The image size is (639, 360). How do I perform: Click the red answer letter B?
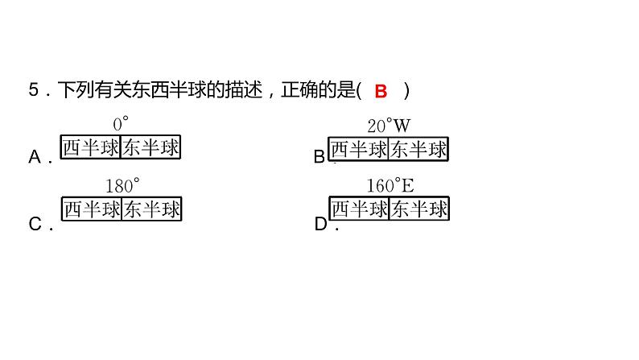pyautogui.click(x=381, y=91)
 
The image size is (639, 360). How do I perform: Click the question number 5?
pyautogui.click(x=33, y=91)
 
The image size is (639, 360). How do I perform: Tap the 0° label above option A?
pyautogui.click(x=122, y=124)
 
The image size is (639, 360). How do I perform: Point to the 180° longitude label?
pyautogui.click(x=122, y=185)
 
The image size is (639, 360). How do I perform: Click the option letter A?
pyautogui.click(x=35, y=157)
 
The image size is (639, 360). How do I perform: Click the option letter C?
pyautogui.click(x=35, y=225)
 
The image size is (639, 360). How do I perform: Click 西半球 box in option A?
pyautogui.click(x=92, y=148)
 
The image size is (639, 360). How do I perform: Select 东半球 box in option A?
pyautogui.click(x=151, y=148)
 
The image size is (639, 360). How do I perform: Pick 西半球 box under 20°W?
pyautogui.click(x=359, y=149)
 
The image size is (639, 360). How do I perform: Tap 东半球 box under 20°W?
pyautogui.click(x=418, y=149)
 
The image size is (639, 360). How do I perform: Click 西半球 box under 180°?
pyautogui.click(x=92, y=210)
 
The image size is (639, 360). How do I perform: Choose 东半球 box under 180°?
pyautogui.click(x=151, y=210)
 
